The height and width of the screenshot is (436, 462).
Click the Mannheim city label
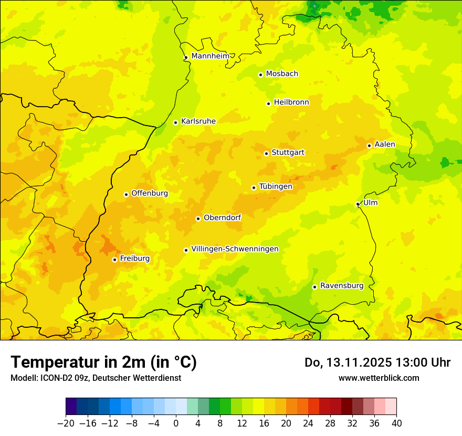tap(210, 56)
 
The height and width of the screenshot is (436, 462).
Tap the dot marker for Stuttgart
tap(266, 153)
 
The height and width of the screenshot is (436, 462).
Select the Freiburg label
tap(134, 258)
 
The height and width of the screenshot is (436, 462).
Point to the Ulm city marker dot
tap(358, 204)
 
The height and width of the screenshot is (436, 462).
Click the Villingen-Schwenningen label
tap(235, 249)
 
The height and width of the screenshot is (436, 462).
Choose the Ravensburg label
tap(341, 286)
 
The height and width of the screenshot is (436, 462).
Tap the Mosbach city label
tap(281, 74)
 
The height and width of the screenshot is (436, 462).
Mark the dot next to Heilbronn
tap(268, 103)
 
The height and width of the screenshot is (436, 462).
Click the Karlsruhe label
tap(198, 121)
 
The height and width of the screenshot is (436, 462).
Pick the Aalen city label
tap(384, 144)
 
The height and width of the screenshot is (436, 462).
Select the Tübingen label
tap(275, 186)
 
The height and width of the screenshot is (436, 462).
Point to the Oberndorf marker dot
tap(198, 219)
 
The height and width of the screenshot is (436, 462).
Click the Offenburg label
tap(149, 193)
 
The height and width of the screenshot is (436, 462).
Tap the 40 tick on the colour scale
tap(396, 423)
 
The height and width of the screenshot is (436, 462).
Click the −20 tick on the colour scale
tap(66, 423)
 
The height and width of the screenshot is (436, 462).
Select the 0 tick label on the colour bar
tap(176, 423)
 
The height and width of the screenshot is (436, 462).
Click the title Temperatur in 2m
tap(104, 362)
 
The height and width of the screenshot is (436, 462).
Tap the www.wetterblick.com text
tap(379, 378)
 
